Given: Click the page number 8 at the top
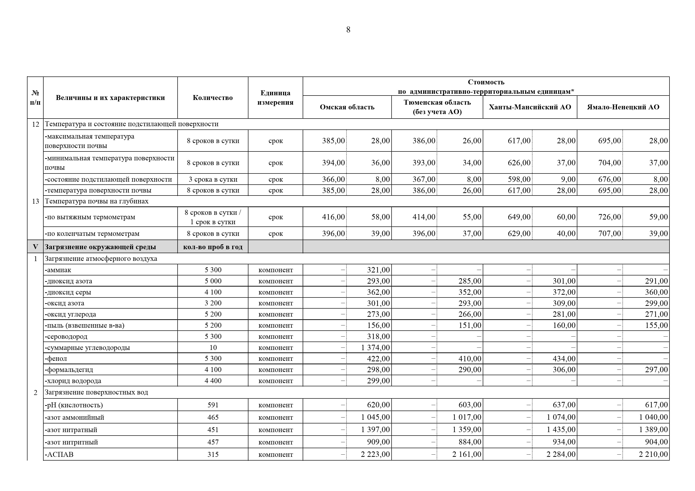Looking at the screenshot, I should (x=348, y=30).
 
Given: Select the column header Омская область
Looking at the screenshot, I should (x=347, y=107).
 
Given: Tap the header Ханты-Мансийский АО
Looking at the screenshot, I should (x=530, y=107).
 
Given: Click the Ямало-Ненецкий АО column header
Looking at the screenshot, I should (x=623, y=107).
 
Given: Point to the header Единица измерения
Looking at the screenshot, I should (x=275, y=98).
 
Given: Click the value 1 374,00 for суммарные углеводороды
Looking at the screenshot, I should (x=375, y=348).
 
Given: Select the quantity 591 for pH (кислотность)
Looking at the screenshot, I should (x=213, y=405).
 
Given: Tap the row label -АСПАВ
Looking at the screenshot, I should (x=59, y=454).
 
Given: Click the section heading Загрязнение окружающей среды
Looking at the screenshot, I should (x=100, y=247).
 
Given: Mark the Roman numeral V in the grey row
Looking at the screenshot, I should (x=35, y=247).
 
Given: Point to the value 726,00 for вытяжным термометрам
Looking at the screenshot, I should (x=609, y=217).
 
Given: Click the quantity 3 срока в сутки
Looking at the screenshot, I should (x=213, y=179).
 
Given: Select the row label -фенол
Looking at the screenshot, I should (x=56, y=359).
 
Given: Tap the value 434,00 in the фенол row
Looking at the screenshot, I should (x=564, y=359).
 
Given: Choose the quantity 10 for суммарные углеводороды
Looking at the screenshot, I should (x=213, y=348).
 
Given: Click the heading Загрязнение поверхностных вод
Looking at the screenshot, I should (x=96, y=392).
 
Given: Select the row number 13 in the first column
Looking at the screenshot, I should (x=35, y=201).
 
